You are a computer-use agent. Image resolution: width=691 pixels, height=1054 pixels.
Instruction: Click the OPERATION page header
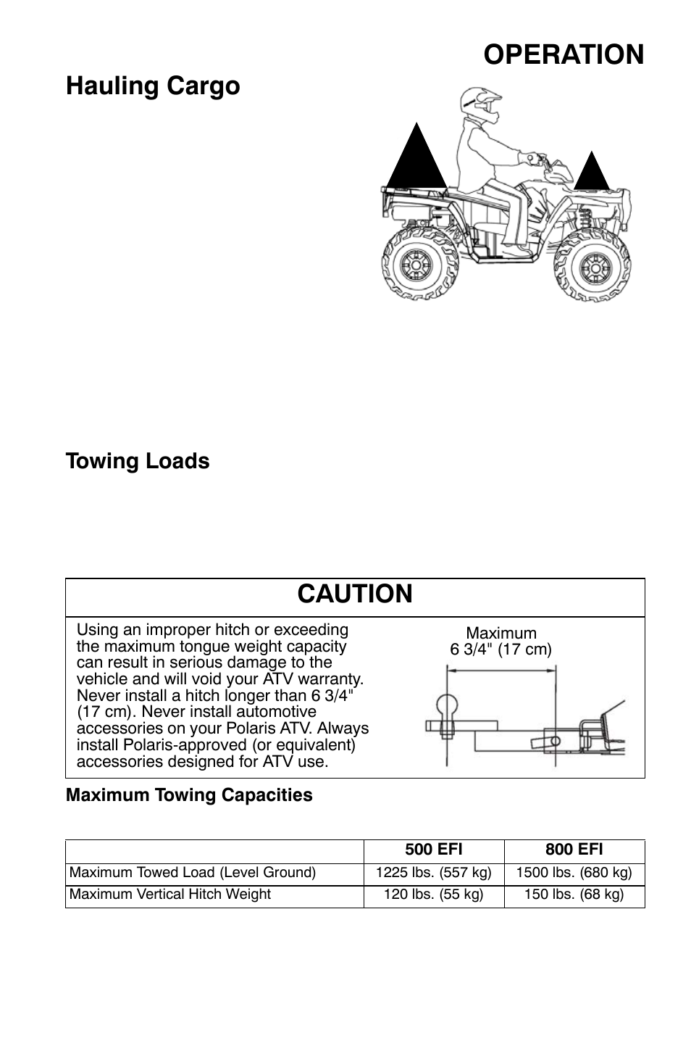coord(563,54)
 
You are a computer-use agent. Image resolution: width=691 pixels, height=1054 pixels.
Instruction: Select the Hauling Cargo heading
coord(153,86)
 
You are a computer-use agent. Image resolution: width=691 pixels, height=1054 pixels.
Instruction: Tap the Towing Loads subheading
coord(138,461)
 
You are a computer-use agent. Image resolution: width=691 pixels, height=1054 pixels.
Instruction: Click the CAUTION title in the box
coord(355,594)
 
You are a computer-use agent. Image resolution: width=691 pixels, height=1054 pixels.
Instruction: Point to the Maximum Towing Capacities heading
coord(189,795)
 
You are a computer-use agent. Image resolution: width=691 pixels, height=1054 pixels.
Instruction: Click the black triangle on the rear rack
coord(416,157)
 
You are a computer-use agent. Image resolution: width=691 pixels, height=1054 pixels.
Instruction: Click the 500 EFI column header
coord(434,850)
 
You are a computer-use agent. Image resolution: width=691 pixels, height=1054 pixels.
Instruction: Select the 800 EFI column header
coord(574,850)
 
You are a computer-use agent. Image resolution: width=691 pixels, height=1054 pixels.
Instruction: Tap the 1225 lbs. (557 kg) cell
coord(434,873)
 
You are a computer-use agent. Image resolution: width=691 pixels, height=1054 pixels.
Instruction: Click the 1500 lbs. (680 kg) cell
coord(574,873)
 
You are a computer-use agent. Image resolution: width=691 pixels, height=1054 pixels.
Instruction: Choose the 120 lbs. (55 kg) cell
coord(434,895)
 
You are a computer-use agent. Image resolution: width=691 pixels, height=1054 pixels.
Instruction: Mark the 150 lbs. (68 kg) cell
coord(574,895)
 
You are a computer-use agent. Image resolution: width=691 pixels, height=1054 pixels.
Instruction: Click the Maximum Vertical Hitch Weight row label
coord(170,895)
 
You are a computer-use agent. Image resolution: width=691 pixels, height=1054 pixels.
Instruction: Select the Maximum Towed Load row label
coord(193,873)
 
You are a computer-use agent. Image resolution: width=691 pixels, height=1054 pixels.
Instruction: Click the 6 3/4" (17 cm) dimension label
coord(501,650)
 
